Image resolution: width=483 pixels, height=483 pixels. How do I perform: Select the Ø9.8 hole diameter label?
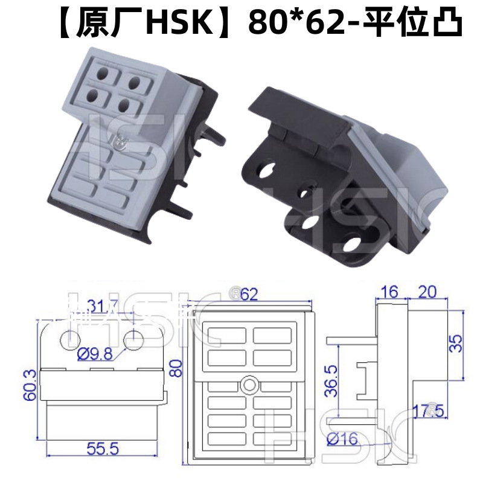(x=96, y=355)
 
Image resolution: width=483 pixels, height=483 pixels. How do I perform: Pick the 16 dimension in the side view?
(x=390, y=292)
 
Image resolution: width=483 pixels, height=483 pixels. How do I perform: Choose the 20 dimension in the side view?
(x=427, y=292)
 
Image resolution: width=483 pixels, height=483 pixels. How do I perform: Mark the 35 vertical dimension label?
(x=458, y=344)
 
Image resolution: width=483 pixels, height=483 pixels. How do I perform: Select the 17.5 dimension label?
(x=426, y=412)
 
